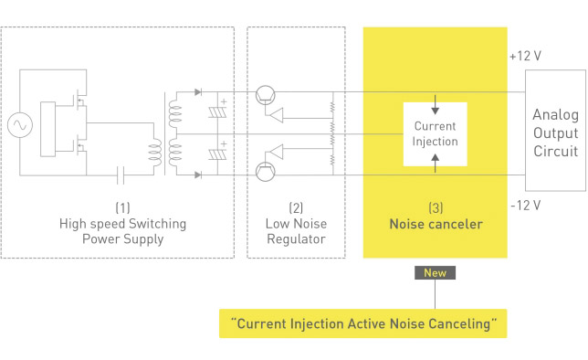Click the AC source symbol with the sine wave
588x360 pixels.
[x=20, y=125]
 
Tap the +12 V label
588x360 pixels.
[x=525, y=56]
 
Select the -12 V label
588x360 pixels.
[x=525, y=206]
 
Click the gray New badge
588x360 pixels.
[x=435, y=272]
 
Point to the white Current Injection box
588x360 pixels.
[x=435, y=134]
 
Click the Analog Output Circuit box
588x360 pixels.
[x=555, y=131]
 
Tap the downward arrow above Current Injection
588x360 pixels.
[x=435, y=105]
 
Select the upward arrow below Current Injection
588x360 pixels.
[x=435, y=164]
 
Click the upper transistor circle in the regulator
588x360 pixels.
[x=266, y=95]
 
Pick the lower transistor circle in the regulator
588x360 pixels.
[x=266, y=172]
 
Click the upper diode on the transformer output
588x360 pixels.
[x=198, y=92]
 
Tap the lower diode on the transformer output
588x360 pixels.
[x=198, y=175]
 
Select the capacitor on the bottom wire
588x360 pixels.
[x=121, y=175]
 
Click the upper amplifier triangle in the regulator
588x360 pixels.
[x=277, y=115]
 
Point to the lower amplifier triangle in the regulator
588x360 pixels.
[x=277, y=152]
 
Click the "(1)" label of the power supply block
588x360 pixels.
[x=122, y=207]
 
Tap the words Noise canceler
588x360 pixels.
[x=436, y=224]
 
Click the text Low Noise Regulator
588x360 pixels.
[x=296, y=231]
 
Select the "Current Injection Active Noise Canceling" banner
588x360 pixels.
[x=363, y=323]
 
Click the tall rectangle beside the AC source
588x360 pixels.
[x=48, y=129]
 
